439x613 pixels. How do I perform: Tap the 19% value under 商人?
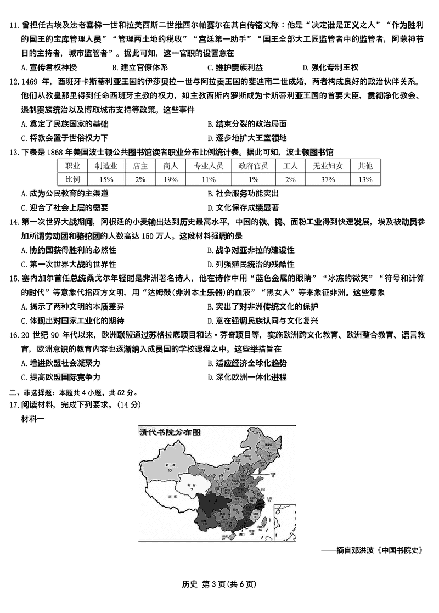point(170,179)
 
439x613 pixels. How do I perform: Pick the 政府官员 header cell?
point(253,165)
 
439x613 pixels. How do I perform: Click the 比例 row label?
point(73,179)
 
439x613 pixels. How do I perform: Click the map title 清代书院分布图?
point(170,431)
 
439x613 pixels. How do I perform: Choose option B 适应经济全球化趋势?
point(246,363)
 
